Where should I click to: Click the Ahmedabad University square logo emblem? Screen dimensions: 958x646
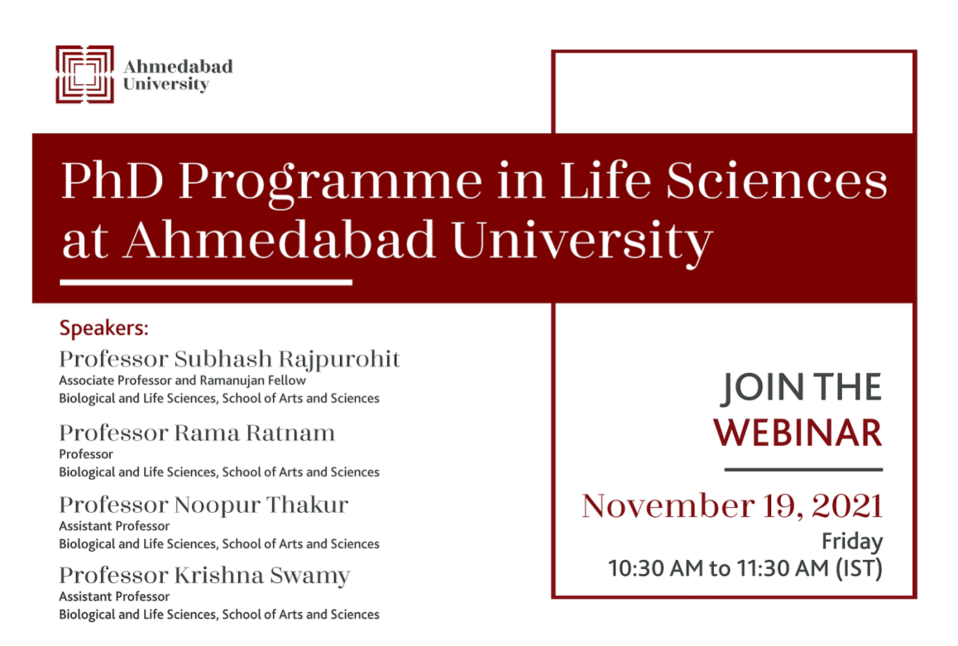[x=85, y=75]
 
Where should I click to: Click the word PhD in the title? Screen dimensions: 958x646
[x=112, y=180]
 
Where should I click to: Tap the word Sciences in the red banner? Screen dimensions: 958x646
[x=777, y=180]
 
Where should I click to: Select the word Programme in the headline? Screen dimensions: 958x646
[x=330, y=185]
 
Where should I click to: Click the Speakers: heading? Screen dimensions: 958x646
[x=104, y=328]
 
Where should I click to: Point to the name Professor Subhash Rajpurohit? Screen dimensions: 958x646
[x=230, y=360]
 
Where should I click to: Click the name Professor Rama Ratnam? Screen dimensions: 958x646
[x=197, y=433]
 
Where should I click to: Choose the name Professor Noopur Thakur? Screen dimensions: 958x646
[x=204, y=505]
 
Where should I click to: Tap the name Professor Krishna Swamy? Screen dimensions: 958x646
[x=205, y=576]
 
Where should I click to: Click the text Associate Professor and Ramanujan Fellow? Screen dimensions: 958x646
[x=182, y=380]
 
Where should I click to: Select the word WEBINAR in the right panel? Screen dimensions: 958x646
[x=798, y=433]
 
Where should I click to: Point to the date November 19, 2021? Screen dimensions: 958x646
[x=732, y=506]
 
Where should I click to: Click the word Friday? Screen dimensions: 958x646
[x=853, y=541]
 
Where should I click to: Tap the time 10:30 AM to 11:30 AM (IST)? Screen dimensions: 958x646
[x=745, y=569]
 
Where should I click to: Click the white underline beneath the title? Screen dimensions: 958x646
[x=206, y=282]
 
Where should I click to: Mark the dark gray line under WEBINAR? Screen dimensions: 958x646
[x=803, y=470]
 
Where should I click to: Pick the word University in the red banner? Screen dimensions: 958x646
[x=582, y=243]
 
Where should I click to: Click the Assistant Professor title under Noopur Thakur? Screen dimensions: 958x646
[x=114, y=526]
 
